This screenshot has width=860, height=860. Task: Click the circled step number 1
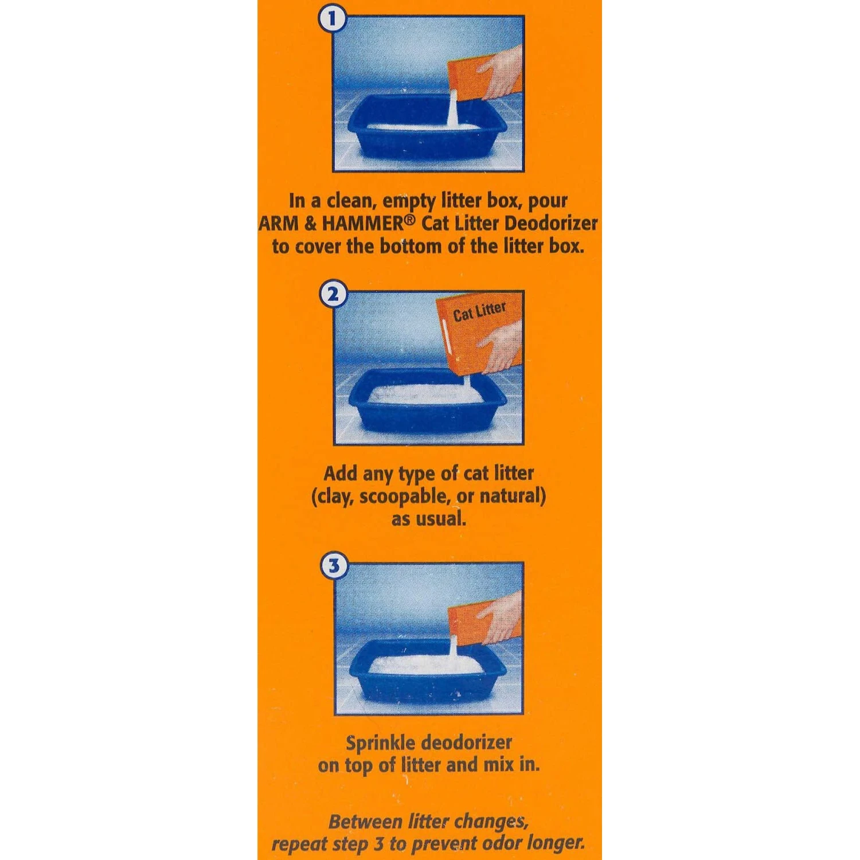tap(331, 19)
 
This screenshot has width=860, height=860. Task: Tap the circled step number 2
tap(333, 295)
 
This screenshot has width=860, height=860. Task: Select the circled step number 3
tap(334, 566)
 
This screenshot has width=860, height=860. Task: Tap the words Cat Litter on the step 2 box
tap(479, 311)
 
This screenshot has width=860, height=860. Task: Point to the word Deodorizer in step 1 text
tap(551, 224)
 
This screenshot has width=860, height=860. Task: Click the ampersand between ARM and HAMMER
tap(310, 224)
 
